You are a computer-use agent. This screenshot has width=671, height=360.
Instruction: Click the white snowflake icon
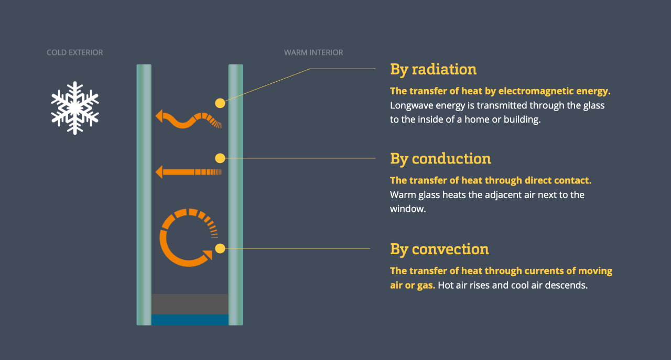point(75,108)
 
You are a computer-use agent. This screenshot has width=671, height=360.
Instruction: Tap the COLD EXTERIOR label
point(75,52)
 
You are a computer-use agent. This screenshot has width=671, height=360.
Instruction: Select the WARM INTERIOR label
point(313,52)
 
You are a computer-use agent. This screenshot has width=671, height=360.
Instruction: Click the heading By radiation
point(433,70)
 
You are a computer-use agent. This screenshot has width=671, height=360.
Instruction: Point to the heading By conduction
point(440,159)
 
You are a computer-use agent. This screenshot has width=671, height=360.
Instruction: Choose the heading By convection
point(439,249)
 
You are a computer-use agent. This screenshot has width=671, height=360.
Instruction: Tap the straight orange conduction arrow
point(189,172)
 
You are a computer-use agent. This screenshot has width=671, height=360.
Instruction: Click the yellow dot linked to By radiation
point(220,103)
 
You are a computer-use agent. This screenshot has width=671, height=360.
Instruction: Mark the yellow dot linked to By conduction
point(220,158)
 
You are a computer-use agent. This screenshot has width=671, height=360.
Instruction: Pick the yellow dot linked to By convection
point(220,248)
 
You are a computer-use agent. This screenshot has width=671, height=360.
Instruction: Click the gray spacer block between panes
point(190,304)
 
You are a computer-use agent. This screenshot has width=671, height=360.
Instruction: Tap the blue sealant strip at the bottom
point(190,320)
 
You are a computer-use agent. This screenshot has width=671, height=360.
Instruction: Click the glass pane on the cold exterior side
point(144,195)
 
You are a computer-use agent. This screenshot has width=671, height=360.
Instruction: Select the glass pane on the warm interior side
point(236,195)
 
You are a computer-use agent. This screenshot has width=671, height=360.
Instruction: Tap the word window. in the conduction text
point(408,209)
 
